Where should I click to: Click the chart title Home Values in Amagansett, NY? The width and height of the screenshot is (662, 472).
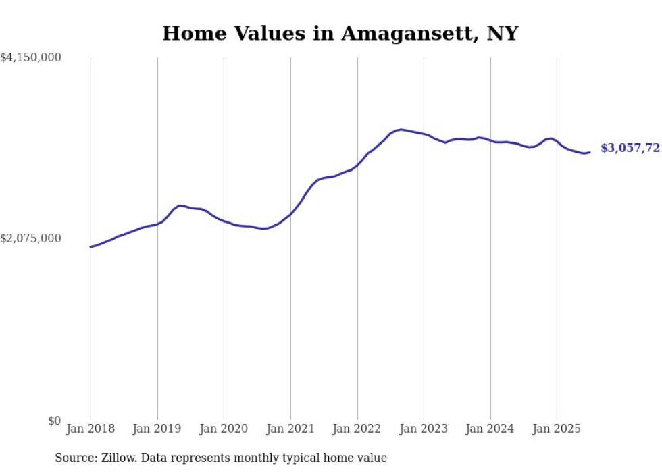[x=340, y=33]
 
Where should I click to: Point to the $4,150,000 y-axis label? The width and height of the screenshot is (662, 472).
[x=30, y=59]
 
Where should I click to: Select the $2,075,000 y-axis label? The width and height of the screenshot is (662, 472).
[x=30, y=238]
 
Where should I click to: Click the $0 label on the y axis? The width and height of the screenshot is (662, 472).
[x=54, y=421]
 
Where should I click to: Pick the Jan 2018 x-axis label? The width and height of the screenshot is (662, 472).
[x=91, y=429]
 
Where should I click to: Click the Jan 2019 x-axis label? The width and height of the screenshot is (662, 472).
[x=157, y=429]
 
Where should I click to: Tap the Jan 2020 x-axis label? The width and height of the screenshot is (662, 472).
[x=224, y=429]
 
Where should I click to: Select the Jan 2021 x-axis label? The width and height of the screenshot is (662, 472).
[x=290, y=429]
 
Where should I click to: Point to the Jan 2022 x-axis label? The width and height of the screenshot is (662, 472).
[x=357, y=429]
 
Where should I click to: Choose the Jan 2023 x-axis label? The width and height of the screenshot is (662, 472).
[x=424, y=429]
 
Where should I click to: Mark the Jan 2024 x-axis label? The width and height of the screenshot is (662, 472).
[x=490, y=429]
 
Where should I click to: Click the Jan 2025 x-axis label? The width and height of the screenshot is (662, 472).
[x=557, y=429]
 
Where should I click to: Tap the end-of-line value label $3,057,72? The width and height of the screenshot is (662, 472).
[x=630, y=149]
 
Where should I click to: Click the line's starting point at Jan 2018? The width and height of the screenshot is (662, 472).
[x=91, y=247]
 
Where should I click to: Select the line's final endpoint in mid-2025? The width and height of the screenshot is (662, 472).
[x=590, y=152]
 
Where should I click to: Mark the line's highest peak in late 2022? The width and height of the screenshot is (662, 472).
[x=401, y=129]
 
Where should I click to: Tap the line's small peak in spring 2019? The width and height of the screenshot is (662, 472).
[x=180, y=205]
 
